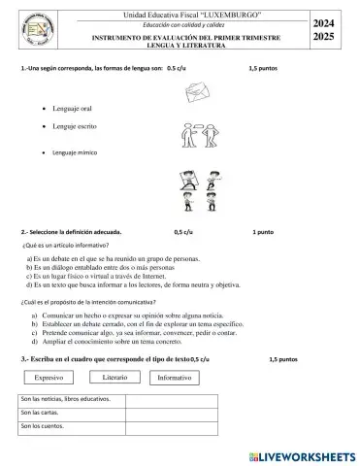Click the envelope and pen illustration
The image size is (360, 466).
click(x=197, y=93)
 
